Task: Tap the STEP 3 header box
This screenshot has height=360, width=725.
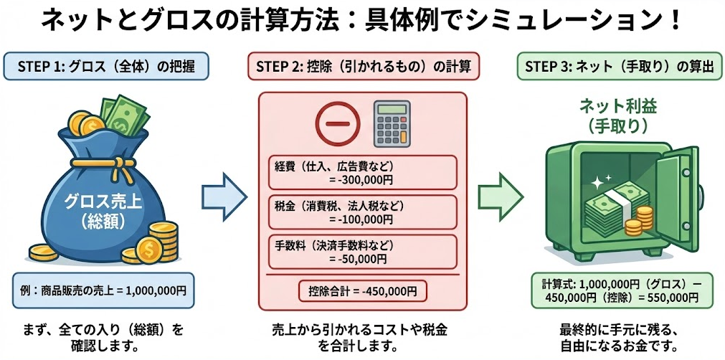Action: pyautogui.click(x=620, y=67)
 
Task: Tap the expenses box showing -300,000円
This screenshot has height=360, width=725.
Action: pyautogui.click(x=363, y=172)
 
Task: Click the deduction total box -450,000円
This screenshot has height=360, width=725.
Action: pyautogui.click(x=363, y=292)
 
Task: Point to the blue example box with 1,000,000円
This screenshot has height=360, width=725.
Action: pyautogui.click(x=103, y=290)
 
